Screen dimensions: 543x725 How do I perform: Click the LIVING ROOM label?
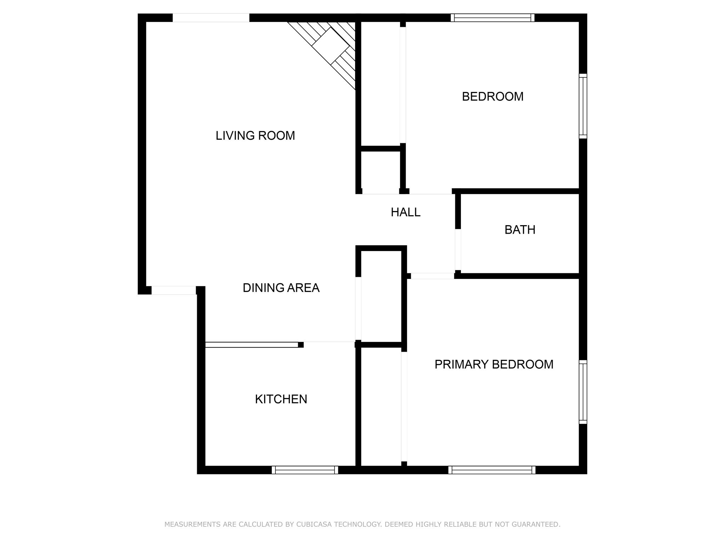click(x=255, y=135)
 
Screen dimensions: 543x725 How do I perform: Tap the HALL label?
click(x=405, y=212)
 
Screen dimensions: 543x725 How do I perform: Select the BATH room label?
click(x=520, y=230)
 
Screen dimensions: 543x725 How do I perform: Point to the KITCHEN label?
click(x=281, y=399)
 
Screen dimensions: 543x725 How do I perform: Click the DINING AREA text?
click(x=281, y=288)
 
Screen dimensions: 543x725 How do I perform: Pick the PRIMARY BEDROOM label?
click(x=494, y=364)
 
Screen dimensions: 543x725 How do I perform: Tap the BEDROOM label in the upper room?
click(x=492, y=97)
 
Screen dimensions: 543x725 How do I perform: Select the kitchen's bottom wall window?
click(x=305, y=470)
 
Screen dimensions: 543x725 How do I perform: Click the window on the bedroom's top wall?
click(x=492, y=18)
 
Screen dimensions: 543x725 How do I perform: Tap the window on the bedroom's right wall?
click(x=583, y=106)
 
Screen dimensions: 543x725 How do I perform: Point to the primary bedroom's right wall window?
click(x=583, y=392)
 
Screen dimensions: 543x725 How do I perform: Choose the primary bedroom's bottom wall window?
click(x=492, y=470)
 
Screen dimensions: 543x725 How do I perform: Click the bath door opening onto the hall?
click(x=458, y=250)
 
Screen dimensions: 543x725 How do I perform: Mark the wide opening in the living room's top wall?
click(x=211, y=18)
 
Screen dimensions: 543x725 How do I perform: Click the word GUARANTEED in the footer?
click(x=534, y=524)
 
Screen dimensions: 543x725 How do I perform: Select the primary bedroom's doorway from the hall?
click(x=432, y=276)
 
